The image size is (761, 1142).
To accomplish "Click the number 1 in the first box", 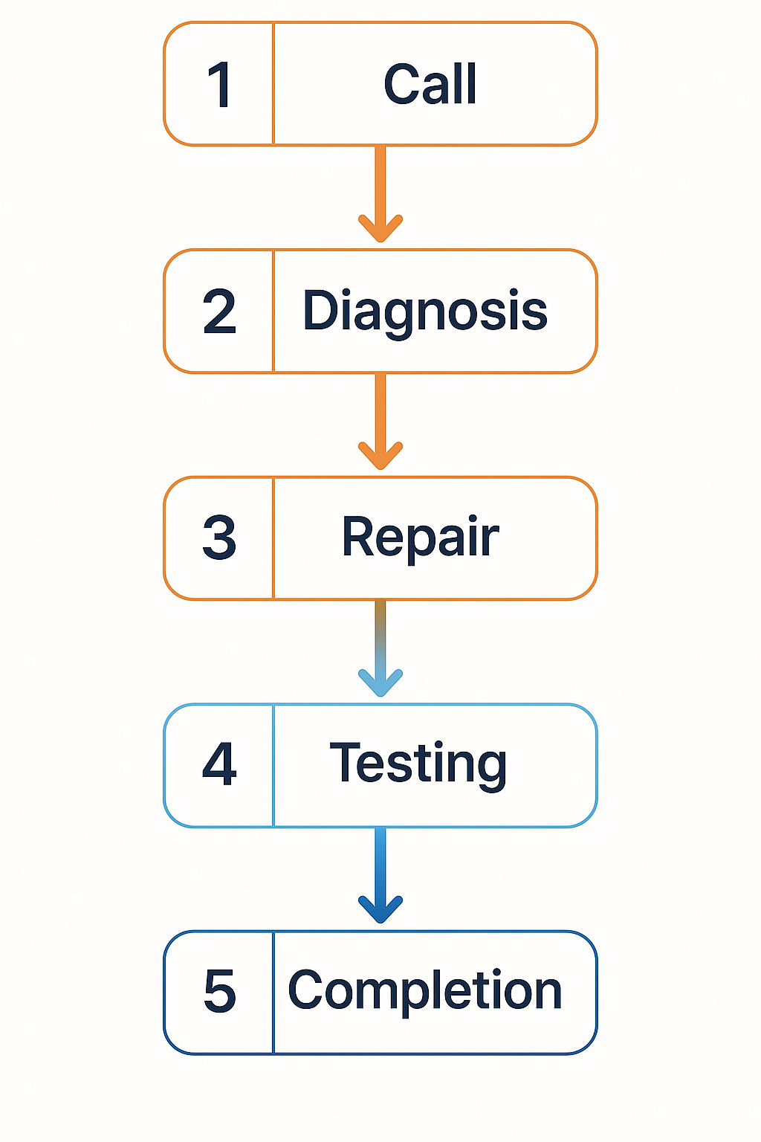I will click(220, 85).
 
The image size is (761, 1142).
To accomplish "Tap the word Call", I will click(430, 84).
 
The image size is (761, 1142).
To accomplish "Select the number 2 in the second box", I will click(219, 312).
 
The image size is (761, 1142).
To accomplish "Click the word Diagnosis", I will click(425, 312).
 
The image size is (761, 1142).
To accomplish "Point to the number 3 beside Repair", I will click(219, 538).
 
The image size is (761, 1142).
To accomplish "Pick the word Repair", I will click(420, 538).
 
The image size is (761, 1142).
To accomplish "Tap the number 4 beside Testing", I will click(219, 764).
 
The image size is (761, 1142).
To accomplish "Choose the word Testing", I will click(418, 764).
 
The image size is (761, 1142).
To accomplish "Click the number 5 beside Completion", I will click(220, 992).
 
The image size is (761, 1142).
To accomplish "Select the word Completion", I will click(424, 991).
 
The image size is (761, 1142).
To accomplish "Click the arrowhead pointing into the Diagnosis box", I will click(380, 229).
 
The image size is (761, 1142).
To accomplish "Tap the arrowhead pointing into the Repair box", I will click(380, 457).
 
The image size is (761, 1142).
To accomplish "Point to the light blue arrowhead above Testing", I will click(380, 683).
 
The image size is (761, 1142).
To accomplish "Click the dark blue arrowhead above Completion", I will click(380, 910).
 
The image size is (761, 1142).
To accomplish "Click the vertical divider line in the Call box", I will click(273, 84).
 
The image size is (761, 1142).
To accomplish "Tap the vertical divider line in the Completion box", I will click(273, 992).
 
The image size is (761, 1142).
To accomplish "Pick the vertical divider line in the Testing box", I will click(273, 765).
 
